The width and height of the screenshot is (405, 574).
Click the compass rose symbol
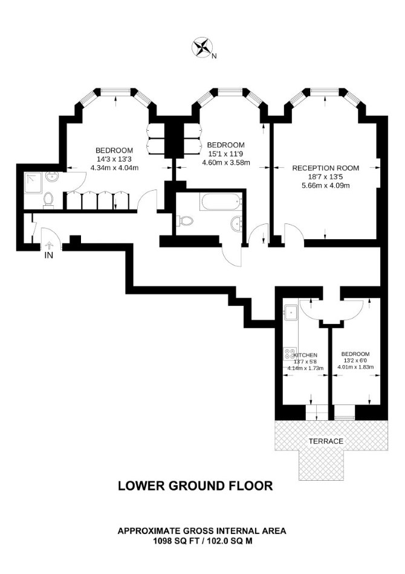click(x=202, y=47)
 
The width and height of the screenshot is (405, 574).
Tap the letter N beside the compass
click(x=215, y=56)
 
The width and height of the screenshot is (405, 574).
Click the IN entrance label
click(x=48, y=256)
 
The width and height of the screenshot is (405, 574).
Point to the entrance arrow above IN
click(x=48, y=245)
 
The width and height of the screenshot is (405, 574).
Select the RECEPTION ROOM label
click(x=325, y=168)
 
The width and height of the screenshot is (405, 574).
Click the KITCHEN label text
click(x=306, y=355)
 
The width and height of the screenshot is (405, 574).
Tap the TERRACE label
click(x=326, y=441)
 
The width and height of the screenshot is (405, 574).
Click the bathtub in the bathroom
click(x=221, y=202)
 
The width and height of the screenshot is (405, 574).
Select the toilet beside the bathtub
click(x=185, y=221)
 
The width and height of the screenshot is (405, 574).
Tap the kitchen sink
click(x=291, y=312)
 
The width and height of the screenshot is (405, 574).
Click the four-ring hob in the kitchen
click(x=291, y=355)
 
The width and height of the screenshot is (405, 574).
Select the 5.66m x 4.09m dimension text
click(x=326, y=186)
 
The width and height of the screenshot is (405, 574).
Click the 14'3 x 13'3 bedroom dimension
click(x=114, y=159)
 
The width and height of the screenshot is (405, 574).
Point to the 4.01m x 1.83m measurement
click(x=355, y=367)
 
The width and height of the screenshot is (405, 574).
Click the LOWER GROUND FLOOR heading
click(x=195, y=486)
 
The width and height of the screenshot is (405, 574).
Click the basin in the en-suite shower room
click(x=51, y=177)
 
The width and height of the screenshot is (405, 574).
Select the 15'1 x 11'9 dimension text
click(x=226, y=154)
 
